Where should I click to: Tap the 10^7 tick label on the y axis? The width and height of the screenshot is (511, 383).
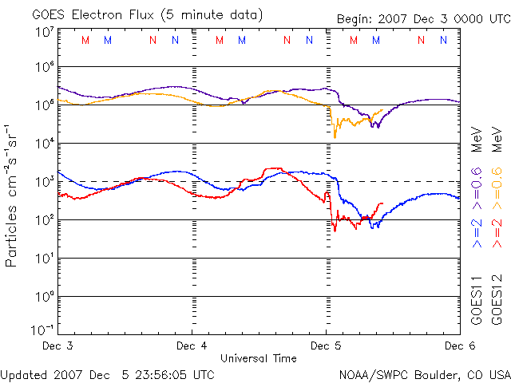44,33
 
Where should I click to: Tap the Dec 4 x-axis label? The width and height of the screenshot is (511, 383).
192,346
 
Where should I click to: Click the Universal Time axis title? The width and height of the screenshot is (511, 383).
259,358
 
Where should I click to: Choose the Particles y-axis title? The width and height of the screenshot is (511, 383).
13,195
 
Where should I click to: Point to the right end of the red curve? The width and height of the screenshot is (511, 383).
382,203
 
